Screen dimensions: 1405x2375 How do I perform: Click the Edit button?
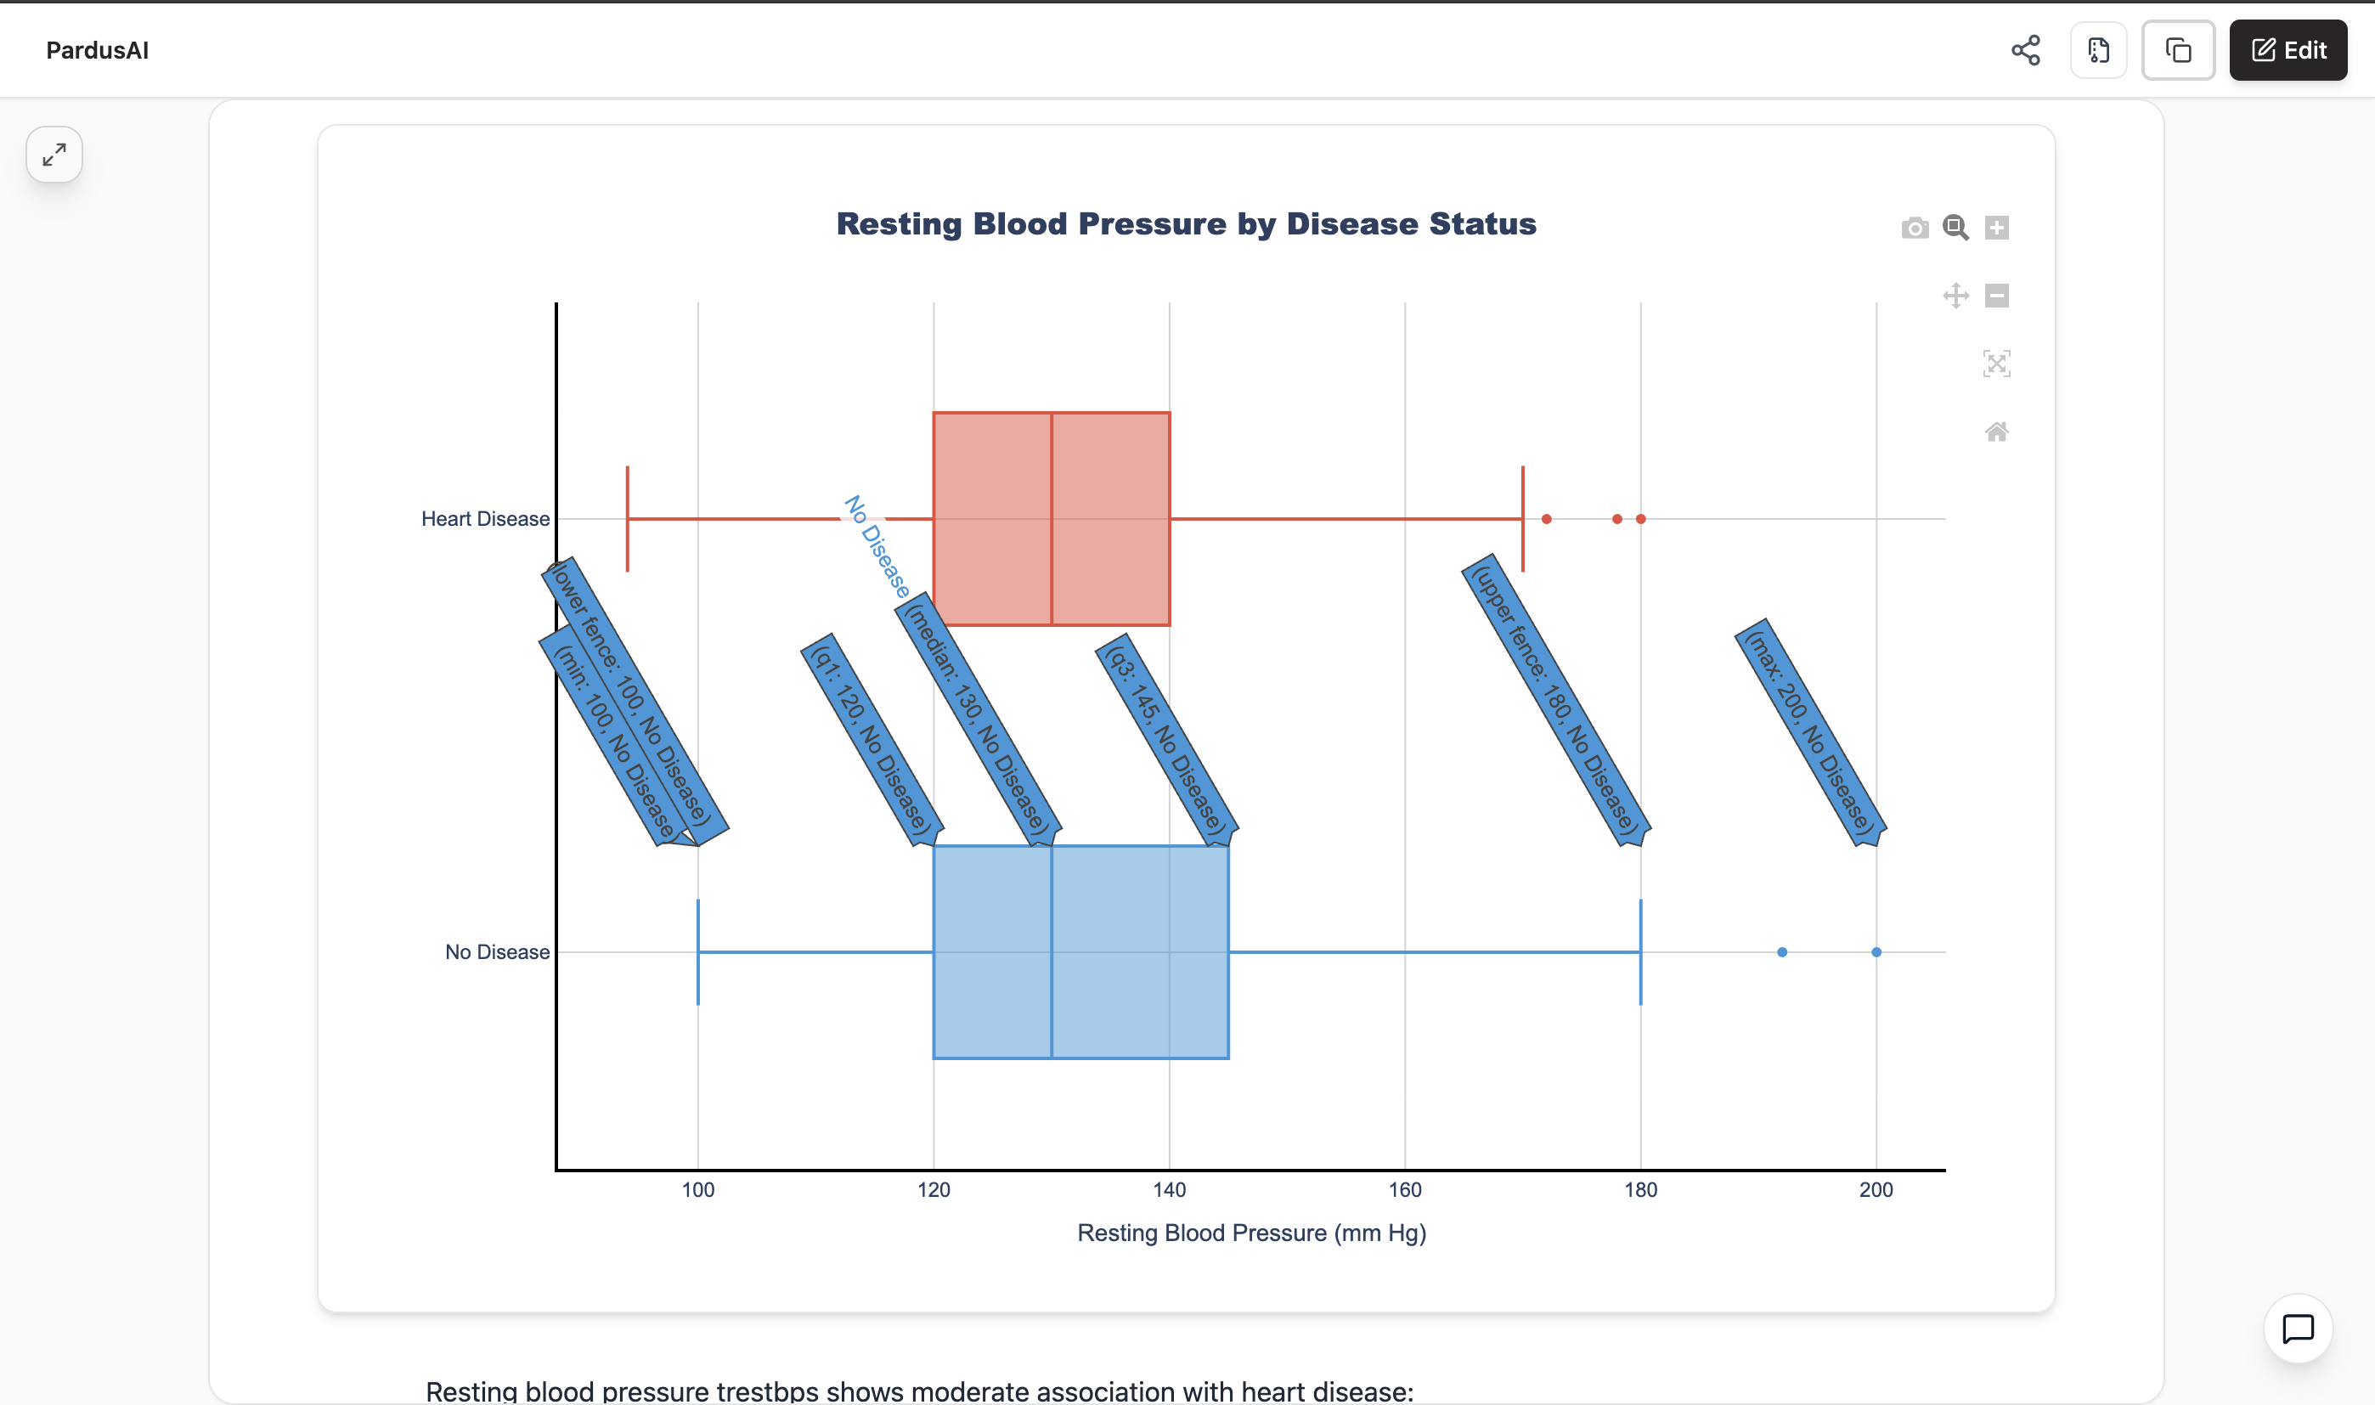click(2287, 50)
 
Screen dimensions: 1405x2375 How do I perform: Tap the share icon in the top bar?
click(2025, 50)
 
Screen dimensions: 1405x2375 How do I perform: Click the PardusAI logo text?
click(98, 50)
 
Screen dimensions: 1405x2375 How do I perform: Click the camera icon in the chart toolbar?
click(1914, 229)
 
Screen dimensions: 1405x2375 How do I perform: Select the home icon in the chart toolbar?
click(1996, 432)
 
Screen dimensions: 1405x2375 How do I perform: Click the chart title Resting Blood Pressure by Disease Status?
click(1186, 224)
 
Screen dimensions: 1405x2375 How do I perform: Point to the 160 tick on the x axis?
click(1405, 1189)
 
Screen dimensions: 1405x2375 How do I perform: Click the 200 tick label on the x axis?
click(1876, 1189)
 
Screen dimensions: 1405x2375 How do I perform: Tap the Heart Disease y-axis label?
click(485, 519)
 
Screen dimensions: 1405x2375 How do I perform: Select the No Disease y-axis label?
click(497, 951)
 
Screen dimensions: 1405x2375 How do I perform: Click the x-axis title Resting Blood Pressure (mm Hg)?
click(1251, 1233)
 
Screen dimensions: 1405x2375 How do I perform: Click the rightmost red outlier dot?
click(1640, 519)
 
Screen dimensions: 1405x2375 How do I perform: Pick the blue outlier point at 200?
click(1876, 951)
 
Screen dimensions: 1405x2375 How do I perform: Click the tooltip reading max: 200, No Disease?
click(1809, 732)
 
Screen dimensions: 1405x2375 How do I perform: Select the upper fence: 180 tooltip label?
click(1555, 699)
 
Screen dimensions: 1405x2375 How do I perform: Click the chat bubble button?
click(2298, 1329)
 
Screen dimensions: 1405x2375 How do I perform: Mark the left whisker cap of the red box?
click(628, 519)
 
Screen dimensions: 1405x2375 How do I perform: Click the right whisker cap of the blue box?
click(1640, 951)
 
